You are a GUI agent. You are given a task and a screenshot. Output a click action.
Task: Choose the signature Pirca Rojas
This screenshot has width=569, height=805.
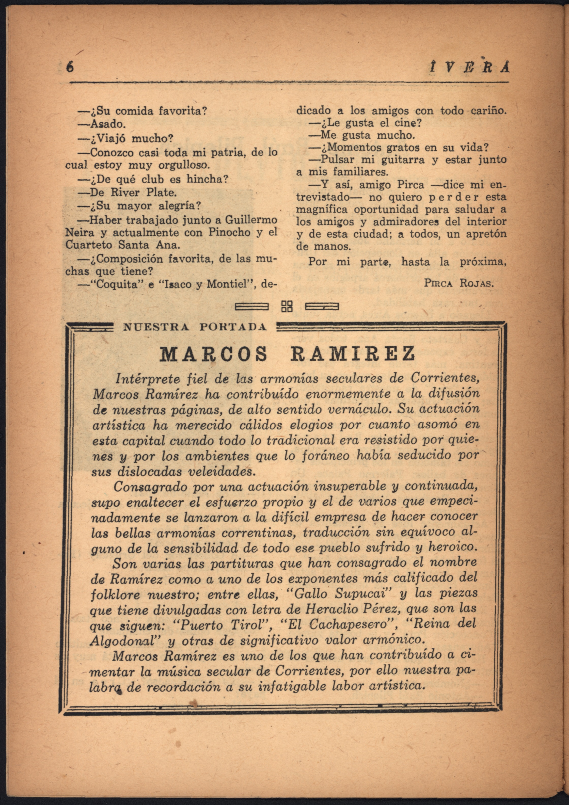(459, 283)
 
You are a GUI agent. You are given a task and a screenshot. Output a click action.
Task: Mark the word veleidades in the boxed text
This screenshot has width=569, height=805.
(221, 472)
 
